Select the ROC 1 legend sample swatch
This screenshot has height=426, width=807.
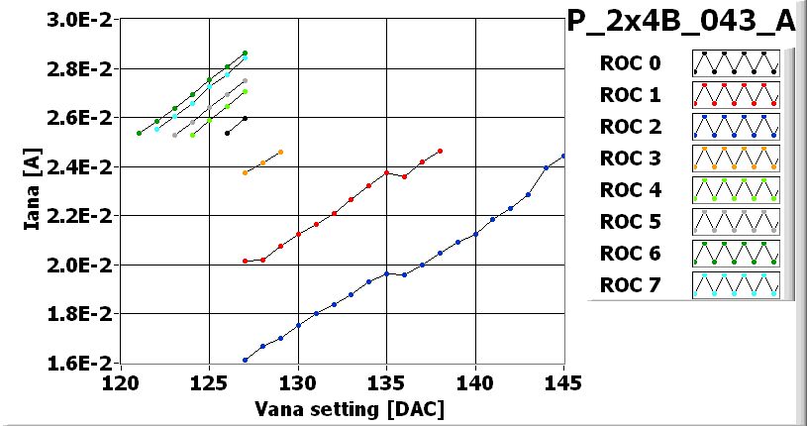click(x=736, y=95)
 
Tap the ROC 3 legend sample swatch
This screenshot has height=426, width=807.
click(x=736, y=159)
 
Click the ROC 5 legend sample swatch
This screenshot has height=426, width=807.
click(x=736, y=222)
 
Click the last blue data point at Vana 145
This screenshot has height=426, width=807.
click(x=563, y=156)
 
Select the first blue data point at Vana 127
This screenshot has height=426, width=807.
click(x=245, y=360)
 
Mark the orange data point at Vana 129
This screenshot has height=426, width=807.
click(x=280, y=152)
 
